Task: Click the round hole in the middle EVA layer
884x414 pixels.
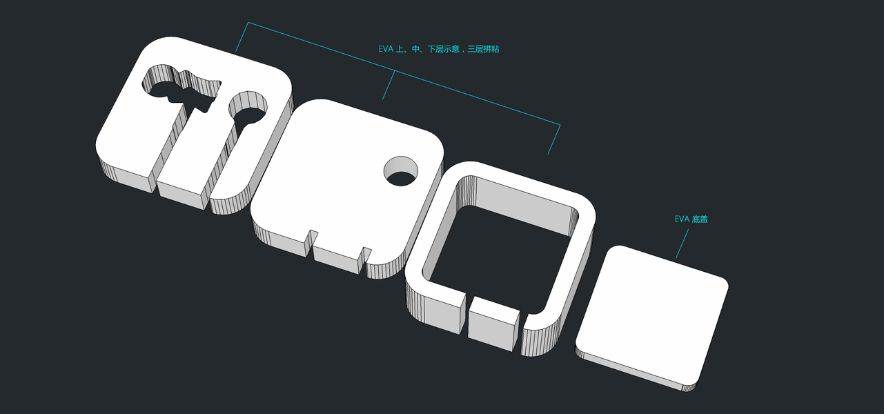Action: click(401, 171)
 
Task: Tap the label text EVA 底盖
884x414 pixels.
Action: click(691, 219)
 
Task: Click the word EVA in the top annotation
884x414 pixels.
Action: click(386, 49)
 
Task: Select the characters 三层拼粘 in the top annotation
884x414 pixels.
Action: click(484, 49)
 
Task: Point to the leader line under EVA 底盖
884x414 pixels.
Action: click(682, 244)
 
